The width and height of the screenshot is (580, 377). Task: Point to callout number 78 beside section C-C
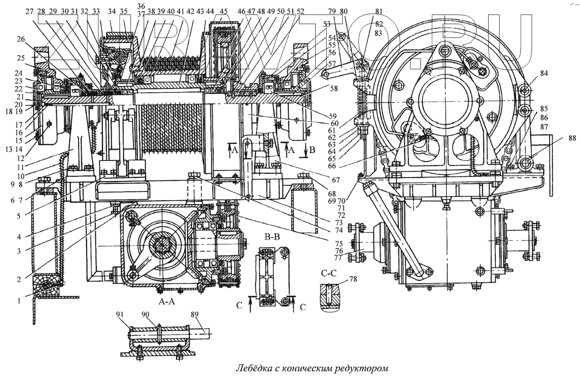point(353,279)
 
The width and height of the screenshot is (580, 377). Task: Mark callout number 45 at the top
point(224,11)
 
